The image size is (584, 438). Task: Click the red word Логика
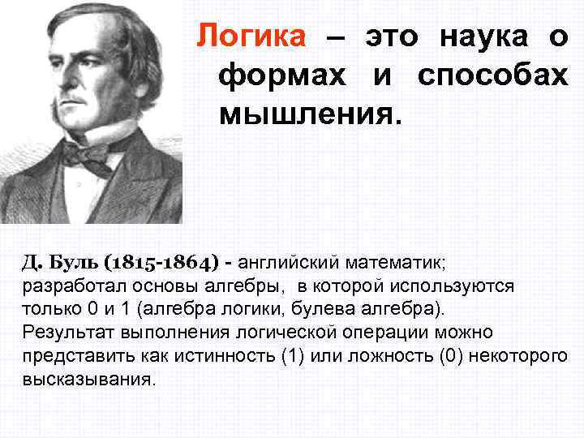tap(251, 36)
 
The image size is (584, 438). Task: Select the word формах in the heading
tap(286, 75)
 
